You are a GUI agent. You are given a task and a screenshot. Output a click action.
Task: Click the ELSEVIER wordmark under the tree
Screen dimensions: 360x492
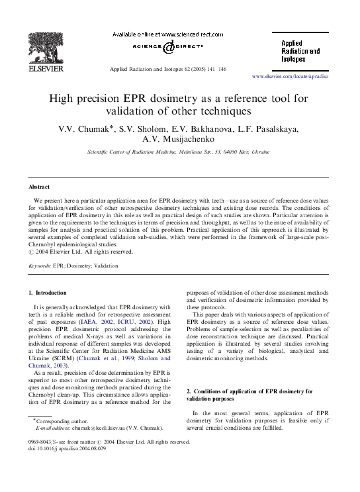click(43, 68)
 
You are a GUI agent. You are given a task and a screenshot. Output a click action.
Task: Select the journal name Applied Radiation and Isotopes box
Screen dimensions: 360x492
click(297, 50)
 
